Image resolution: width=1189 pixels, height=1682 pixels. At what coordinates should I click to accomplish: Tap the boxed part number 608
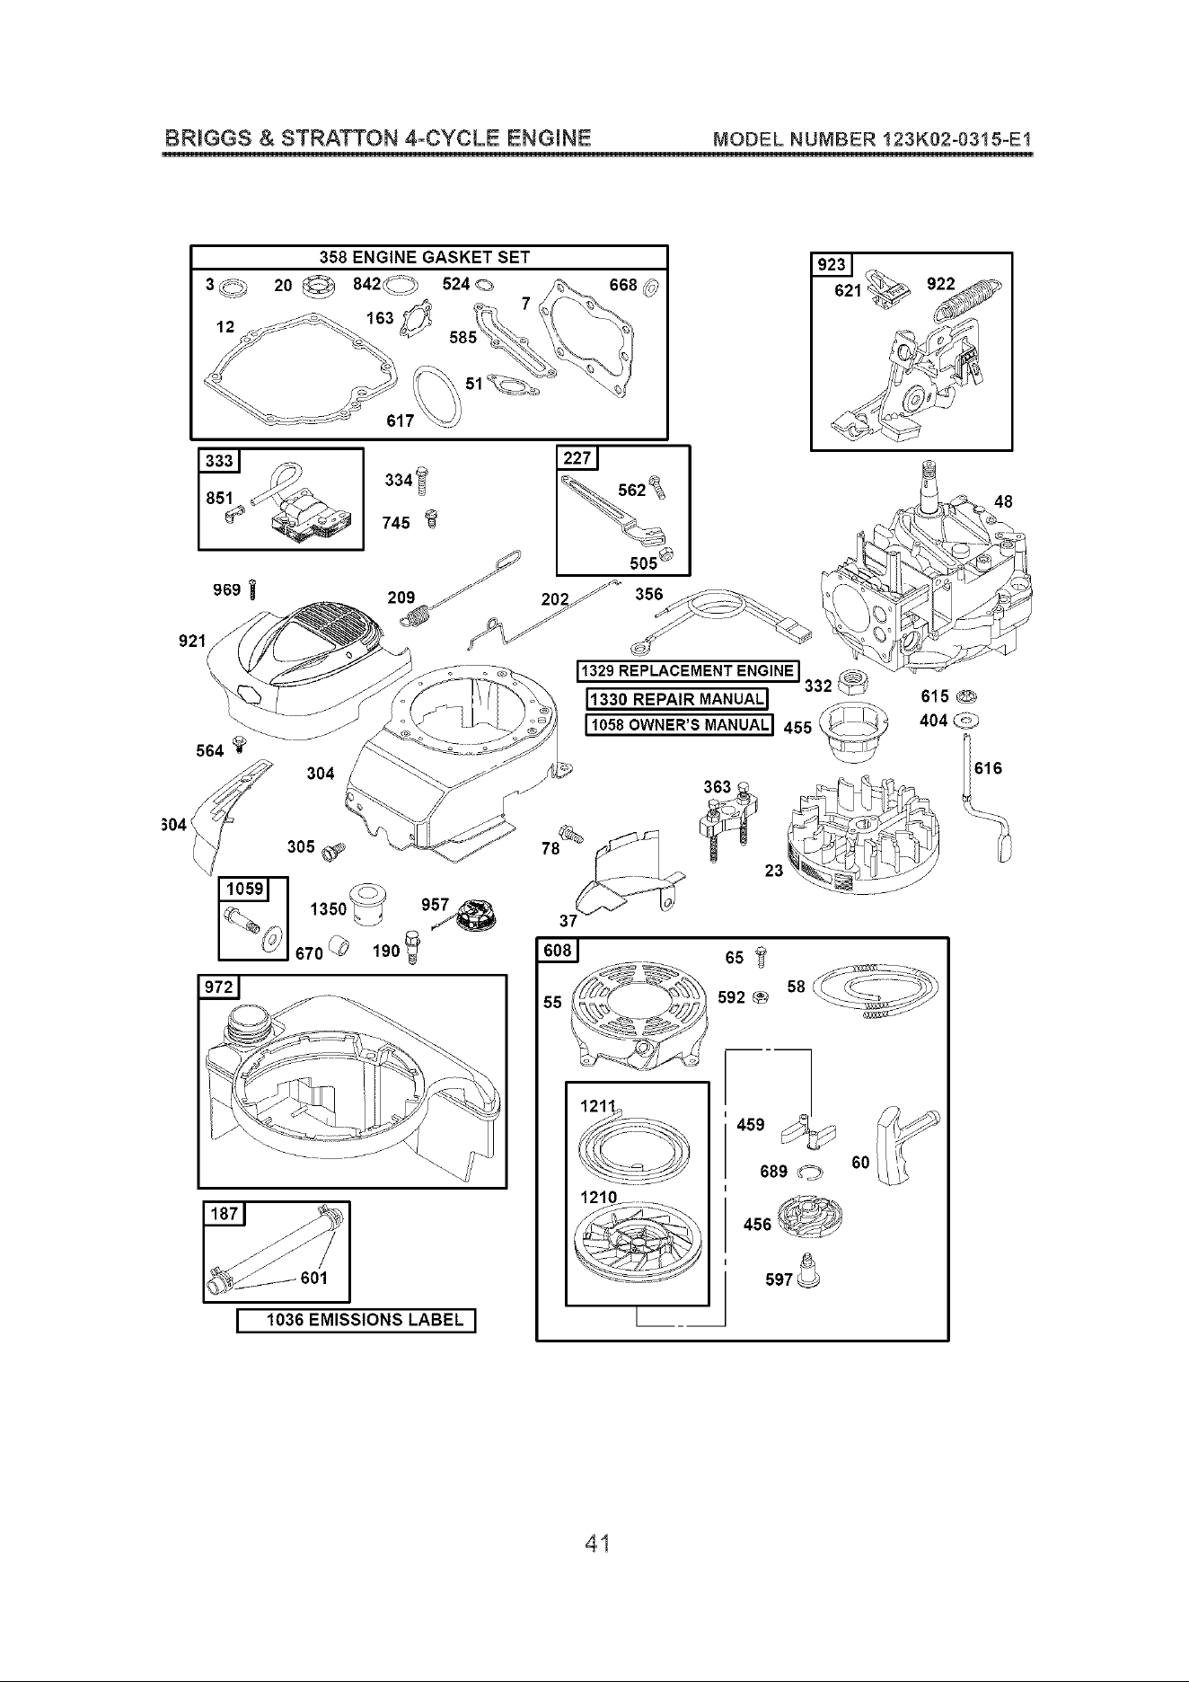point(557,951)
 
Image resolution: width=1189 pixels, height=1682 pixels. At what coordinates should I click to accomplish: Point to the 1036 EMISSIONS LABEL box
point(355,1320)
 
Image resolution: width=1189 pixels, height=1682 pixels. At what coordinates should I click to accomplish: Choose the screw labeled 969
point(254,589)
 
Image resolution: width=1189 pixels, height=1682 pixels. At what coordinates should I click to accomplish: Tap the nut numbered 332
point(850,683)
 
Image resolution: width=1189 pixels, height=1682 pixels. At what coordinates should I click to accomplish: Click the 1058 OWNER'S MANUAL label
point(678,725)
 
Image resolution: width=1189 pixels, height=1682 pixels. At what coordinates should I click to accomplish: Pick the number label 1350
point(328,909)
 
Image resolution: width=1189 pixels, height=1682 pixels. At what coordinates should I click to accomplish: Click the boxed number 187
point(224,1214)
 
